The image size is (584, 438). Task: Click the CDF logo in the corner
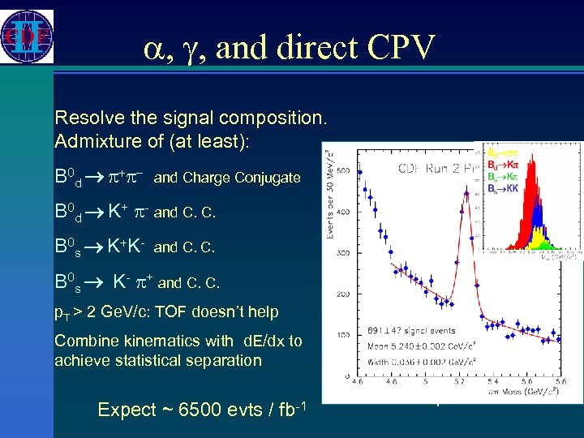(28, 36)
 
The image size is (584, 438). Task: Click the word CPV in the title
(396, 47)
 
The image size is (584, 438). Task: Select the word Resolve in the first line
(87, 118)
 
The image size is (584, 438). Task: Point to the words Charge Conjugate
(241, 178)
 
